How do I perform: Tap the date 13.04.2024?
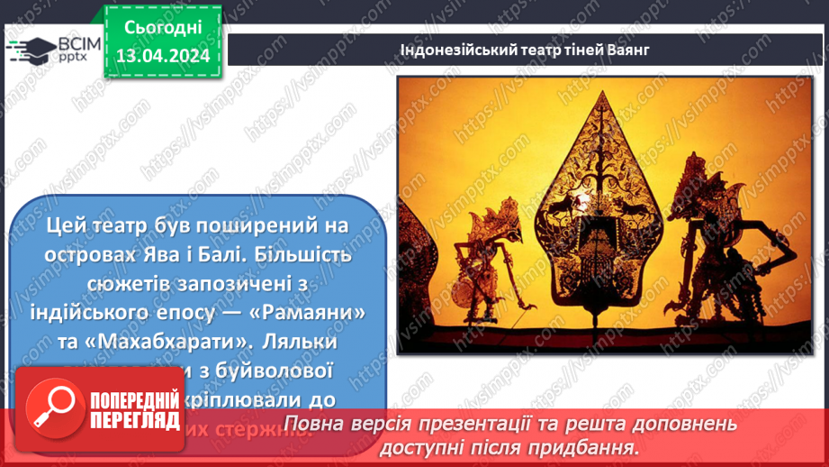coord(162,56)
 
